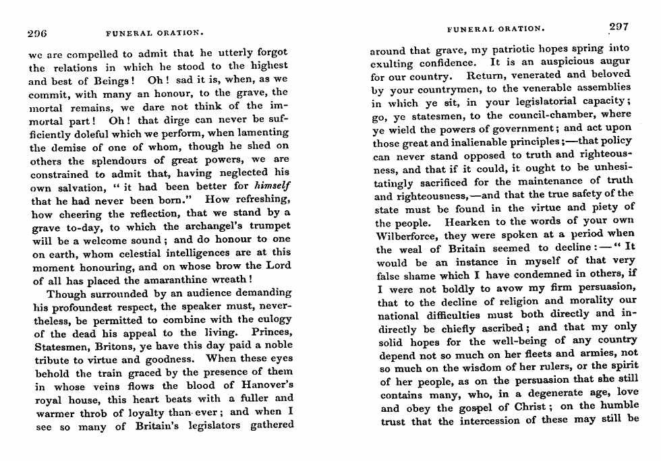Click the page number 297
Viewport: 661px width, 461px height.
[x=619, y=28]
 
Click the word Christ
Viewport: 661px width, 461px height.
[x=517, y=408]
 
